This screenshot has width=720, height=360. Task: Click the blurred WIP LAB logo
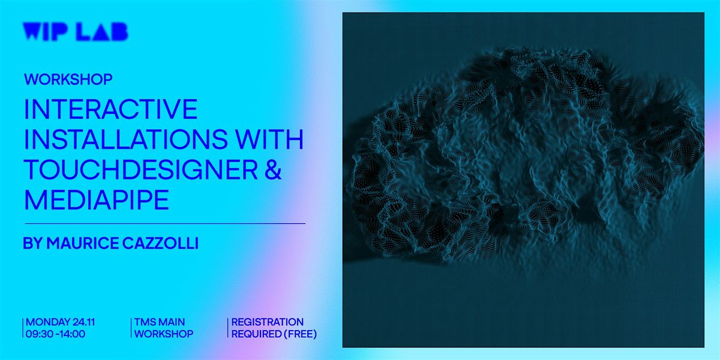[75, 31]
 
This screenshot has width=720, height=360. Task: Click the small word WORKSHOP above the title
[68, 79]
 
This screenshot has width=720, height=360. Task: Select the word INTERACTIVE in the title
[110, 109]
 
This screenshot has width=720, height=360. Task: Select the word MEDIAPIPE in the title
[96, 200]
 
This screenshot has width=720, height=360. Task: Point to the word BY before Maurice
[32, 244]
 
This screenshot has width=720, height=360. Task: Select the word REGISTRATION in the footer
[267, 322]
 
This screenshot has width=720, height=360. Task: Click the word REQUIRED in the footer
[252, 334]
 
